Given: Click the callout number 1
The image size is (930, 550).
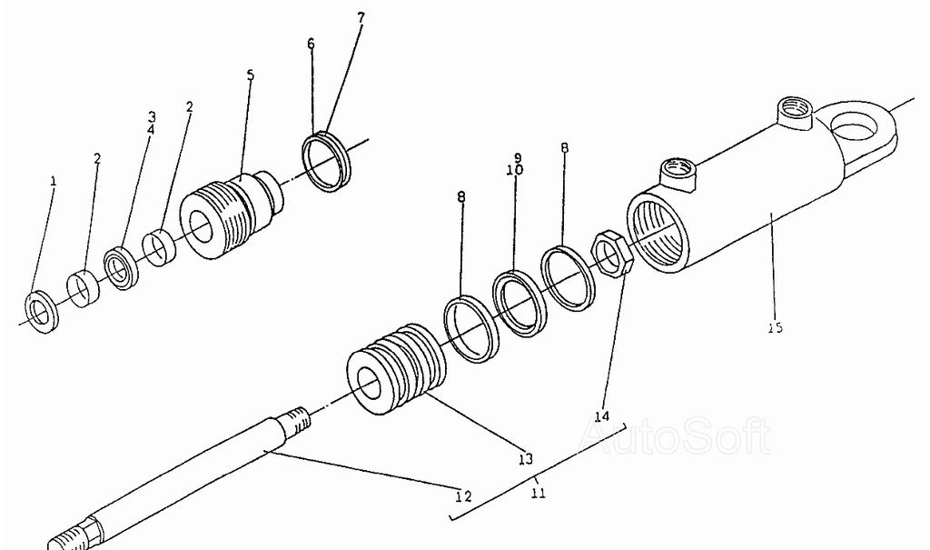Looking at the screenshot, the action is click(54, 181).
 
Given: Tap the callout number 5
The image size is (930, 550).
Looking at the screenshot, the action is click(251, 75).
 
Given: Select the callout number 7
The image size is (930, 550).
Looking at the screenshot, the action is click(361, 18).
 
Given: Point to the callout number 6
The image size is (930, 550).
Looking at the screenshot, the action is click(311, 44).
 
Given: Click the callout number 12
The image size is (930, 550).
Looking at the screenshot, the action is click(463, 496).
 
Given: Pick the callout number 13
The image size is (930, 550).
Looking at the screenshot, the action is click(526, 458).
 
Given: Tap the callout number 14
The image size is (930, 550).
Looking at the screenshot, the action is click(601, 415).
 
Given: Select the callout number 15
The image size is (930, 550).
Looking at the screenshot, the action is click(776, 326).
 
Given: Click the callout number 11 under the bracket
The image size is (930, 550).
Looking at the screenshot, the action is click(538, 493).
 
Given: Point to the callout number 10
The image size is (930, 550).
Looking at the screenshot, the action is click(515, 170).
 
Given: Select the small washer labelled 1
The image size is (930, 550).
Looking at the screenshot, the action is click(42, 312).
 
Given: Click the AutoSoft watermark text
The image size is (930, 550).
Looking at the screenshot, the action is click(675, 436).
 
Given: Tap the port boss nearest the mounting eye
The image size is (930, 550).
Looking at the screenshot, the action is click(794, 114).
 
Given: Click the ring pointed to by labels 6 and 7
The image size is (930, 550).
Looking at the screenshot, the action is click(326, 162).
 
